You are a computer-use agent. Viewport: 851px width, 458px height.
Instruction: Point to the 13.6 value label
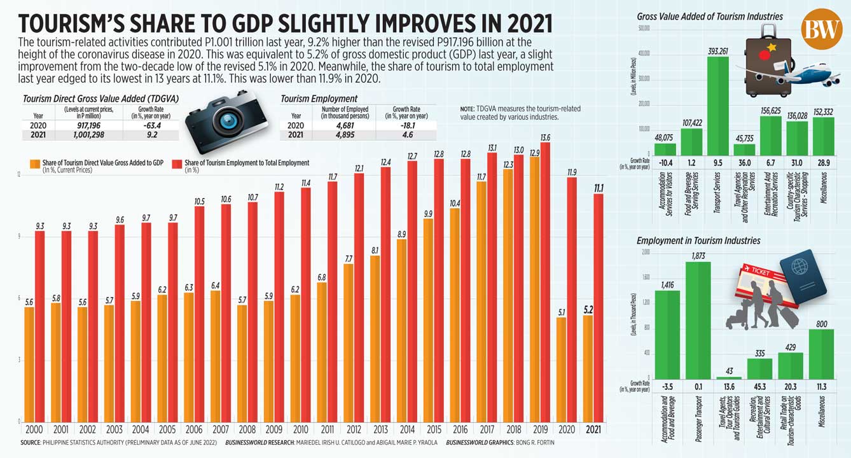click(x=544, y=137)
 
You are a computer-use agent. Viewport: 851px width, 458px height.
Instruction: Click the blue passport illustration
click(x=803, y=278)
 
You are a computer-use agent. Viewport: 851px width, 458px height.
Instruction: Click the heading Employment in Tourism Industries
click(x=698, y=240)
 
